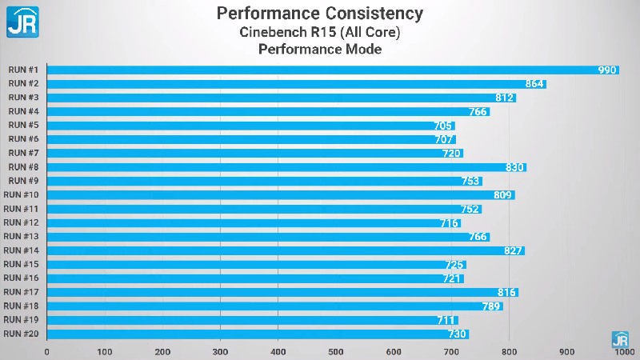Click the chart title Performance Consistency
coord(320,14)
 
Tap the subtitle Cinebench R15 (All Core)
coord(320,32)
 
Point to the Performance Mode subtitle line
coord(320,50)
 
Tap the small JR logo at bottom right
coord(620,338)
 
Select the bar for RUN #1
coord(333,70)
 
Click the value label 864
coord(534,84)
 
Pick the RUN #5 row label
coord(23,126)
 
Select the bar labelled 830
coord(286,167)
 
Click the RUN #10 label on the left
coord(22,195)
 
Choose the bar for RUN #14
coord(286,251)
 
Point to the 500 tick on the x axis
coord(336,351)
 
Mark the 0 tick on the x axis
coord(47,351)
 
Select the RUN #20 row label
coord(22,334)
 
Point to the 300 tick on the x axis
coord(221,351)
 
